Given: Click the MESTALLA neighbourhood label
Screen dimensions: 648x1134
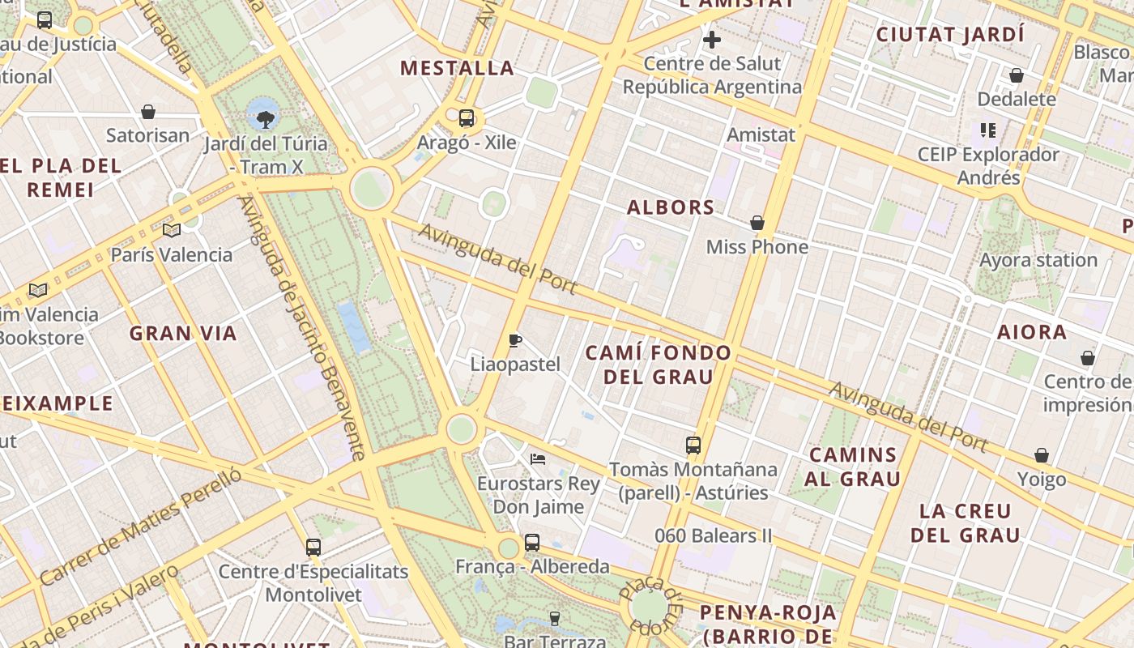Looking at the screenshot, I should [x=458, y=68].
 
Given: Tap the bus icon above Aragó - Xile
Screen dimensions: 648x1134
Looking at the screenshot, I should [x=467, y=118].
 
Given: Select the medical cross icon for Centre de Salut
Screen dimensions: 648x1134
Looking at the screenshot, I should [x=712, y=39].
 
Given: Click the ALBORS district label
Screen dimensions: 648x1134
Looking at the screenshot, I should [x=671, y=207].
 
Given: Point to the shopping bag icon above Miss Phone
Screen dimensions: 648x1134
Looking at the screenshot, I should [x=757, y=223].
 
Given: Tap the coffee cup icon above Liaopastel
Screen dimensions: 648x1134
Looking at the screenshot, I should [x=515, y=340].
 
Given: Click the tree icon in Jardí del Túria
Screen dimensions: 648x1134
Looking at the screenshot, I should [x=264, y=121].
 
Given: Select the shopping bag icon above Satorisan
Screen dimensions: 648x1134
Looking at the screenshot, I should [x=148, y=112].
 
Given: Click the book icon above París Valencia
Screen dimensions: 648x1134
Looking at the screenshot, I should [x=171, y=231].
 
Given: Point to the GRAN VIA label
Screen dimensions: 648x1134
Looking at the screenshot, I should [x=183, y=333].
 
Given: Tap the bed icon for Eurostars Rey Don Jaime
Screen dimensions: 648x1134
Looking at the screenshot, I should [x=538, y=459].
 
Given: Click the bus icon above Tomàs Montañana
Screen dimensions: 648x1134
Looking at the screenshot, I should [x=693, y=445].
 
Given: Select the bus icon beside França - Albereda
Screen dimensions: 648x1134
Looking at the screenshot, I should [x=531, y=543].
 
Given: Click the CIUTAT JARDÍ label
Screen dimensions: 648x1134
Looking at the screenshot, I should [x=950, y=35].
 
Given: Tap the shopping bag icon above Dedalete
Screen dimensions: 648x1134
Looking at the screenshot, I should [x=1017, y=76].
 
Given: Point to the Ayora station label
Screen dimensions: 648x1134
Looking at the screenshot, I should [x=1038, y=260].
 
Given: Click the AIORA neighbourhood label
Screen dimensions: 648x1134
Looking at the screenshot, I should [x=1032, y=332].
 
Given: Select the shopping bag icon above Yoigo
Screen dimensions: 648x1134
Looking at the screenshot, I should [x=1042, y=456].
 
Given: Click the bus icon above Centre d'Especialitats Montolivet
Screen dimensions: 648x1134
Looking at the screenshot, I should [x=313, y=548].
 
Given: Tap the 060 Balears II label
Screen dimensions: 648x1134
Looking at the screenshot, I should [x=714, y=535].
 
